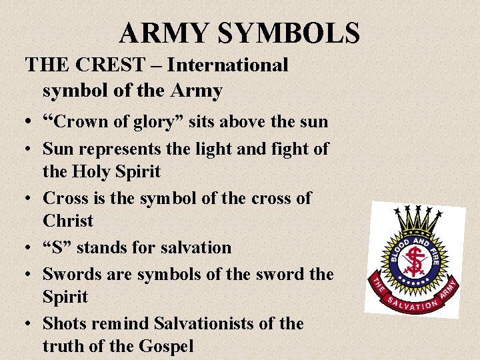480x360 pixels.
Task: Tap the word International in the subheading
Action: tap(227, 65)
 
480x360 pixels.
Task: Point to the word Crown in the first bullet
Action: tap(83, 122)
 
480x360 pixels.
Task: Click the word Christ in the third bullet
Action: tap(68, 221)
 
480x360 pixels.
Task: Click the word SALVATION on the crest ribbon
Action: tap(413, 305)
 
